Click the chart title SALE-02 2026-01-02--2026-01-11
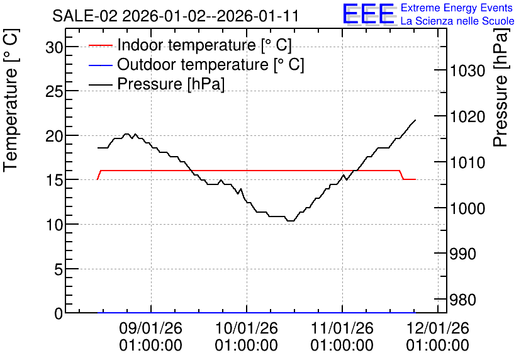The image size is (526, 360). point(175,16)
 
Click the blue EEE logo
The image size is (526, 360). point(368,14)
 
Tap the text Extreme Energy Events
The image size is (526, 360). point(457,8)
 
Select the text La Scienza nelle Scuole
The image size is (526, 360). point(457,21)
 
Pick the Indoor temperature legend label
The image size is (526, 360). point(204,45)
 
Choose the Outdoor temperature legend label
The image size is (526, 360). point(211,64)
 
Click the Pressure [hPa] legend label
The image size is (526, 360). point(171,84)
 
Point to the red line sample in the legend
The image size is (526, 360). point(100,45)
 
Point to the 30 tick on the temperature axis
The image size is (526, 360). point(54,47)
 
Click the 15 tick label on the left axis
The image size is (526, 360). point(54,180)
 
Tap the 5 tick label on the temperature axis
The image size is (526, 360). point(59,269)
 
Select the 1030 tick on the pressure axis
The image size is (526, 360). point(467,70)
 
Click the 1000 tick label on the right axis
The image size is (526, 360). point(467,208)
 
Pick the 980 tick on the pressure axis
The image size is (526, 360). point(463,300)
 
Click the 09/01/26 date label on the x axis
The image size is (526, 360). point(150,328)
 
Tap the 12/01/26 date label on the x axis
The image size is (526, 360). point(438,328)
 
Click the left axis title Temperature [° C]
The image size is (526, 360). point(11,100)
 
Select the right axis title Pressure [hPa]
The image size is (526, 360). point(501,87)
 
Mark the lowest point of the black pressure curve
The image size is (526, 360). point(291,221)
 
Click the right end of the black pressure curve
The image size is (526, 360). point(416,120)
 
